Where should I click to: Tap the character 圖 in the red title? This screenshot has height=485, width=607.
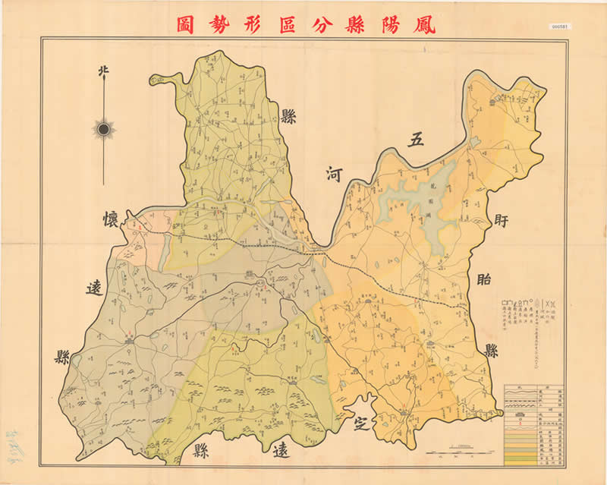186,24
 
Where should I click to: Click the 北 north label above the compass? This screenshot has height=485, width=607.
103,72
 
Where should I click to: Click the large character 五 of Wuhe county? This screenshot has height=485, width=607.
415,139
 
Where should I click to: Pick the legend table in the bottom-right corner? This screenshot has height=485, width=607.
536,424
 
